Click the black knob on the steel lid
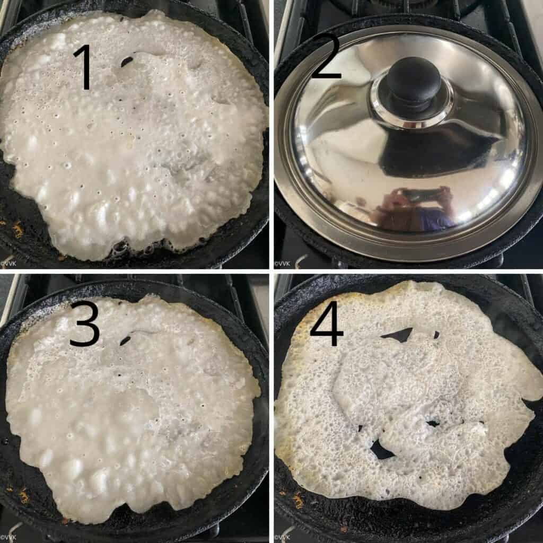[413, 81]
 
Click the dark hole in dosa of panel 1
[127, 62]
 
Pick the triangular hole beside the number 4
[399, 335]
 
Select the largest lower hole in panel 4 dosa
[381, 450]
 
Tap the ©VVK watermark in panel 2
[282, 264]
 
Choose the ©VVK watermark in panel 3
[8, 537]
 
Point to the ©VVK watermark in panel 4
[282, 537]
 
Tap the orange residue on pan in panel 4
[300, 498]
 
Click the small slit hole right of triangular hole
[436, 335]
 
